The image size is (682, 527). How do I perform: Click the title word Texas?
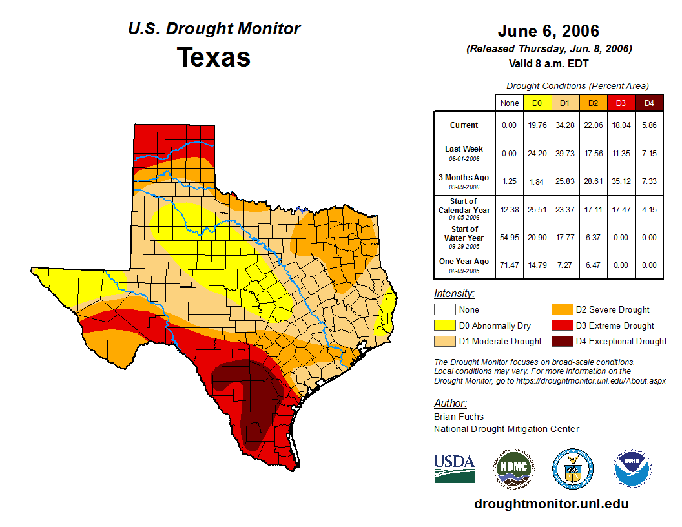214,57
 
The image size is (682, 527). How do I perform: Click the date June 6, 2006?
548,31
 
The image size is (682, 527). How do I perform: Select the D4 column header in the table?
649,103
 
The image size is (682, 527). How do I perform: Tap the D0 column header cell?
537,103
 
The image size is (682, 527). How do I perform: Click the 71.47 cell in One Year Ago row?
510,265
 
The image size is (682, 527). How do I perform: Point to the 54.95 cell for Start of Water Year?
510,237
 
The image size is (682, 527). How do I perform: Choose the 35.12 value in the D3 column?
621,181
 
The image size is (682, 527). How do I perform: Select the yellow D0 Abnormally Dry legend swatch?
446,325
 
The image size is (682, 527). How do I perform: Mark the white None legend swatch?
446,310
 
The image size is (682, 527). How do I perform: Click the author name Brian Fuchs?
459,417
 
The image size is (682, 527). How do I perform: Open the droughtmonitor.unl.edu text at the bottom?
551,504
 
